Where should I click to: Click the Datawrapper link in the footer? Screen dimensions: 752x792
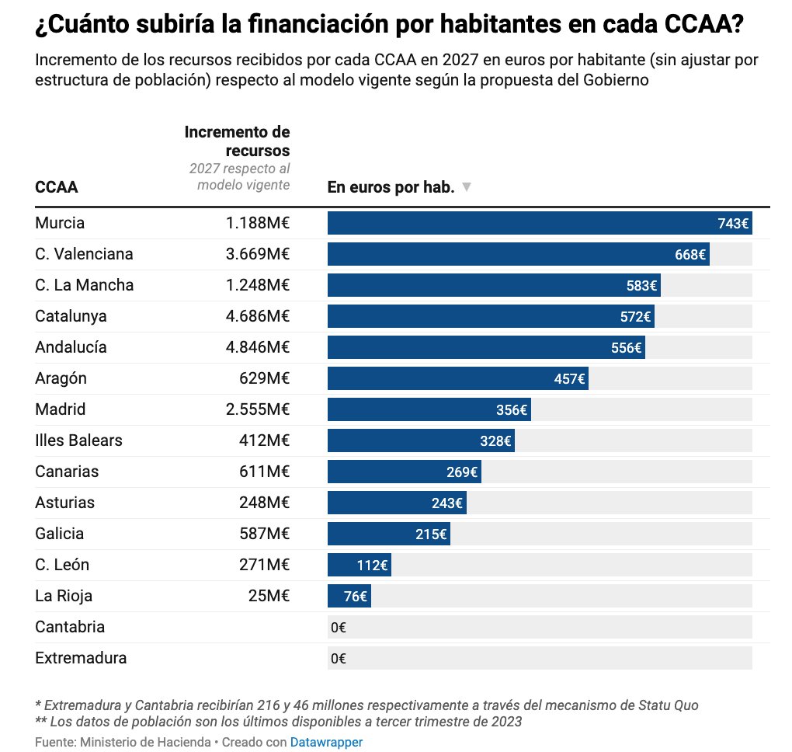point(326,742)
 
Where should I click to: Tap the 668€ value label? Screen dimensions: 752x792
point(690,254)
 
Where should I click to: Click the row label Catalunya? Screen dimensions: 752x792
point(71,316)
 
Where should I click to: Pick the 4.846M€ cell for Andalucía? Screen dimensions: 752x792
point(258,347)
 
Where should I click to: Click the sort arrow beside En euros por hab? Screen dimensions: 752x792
point(466,187)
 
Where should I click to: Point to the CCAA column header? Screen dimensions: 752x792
point(56,187)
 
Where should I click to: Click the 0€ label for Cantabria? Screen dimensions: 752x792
point(338,627)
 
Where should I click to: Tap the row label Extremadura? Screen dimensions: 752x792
point(81,658)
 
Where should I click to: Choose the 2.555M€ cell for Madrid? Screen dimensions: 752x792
point(258,409)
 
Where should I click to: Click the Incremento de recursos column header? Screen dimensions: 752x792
point(237,141)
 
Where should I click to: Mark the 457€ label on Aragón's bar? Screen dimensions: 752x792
point(569,378)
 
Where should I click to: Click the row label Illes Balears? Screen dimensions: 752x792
point(78,440)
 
